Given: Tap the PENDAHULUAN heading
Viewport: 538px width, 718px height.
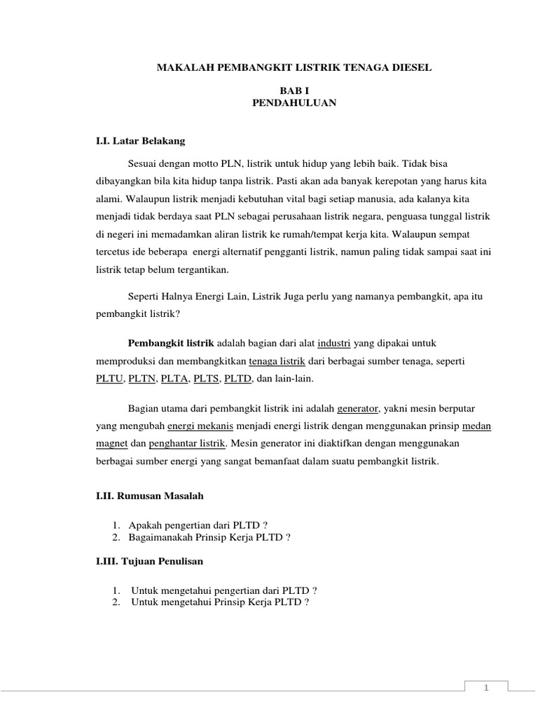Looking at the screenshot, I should (294, 103).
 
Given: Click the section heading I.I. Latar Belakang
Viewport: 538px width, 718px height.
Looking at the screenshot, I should (140, 141).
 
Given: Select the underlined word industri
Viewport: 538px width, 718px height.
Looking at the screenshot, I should (333, 342).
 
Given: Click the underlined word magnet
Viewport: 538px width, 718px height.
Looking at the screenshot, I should (110, 444).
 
